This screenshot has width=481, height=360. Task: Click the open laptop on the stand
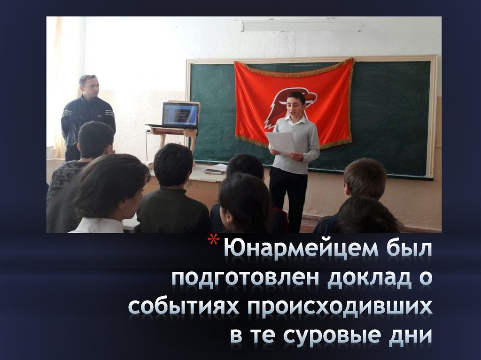click(180, 115)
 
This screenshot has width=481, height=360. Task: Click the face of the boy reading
click(295, 107)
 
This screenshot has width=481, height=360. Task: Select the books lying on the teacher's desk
click(216, 169)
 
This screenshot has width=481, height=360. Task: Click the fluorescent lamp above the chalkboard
click(301, 26)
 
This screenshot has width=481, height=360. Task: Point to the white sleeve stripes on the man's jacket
click(109, 113)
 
